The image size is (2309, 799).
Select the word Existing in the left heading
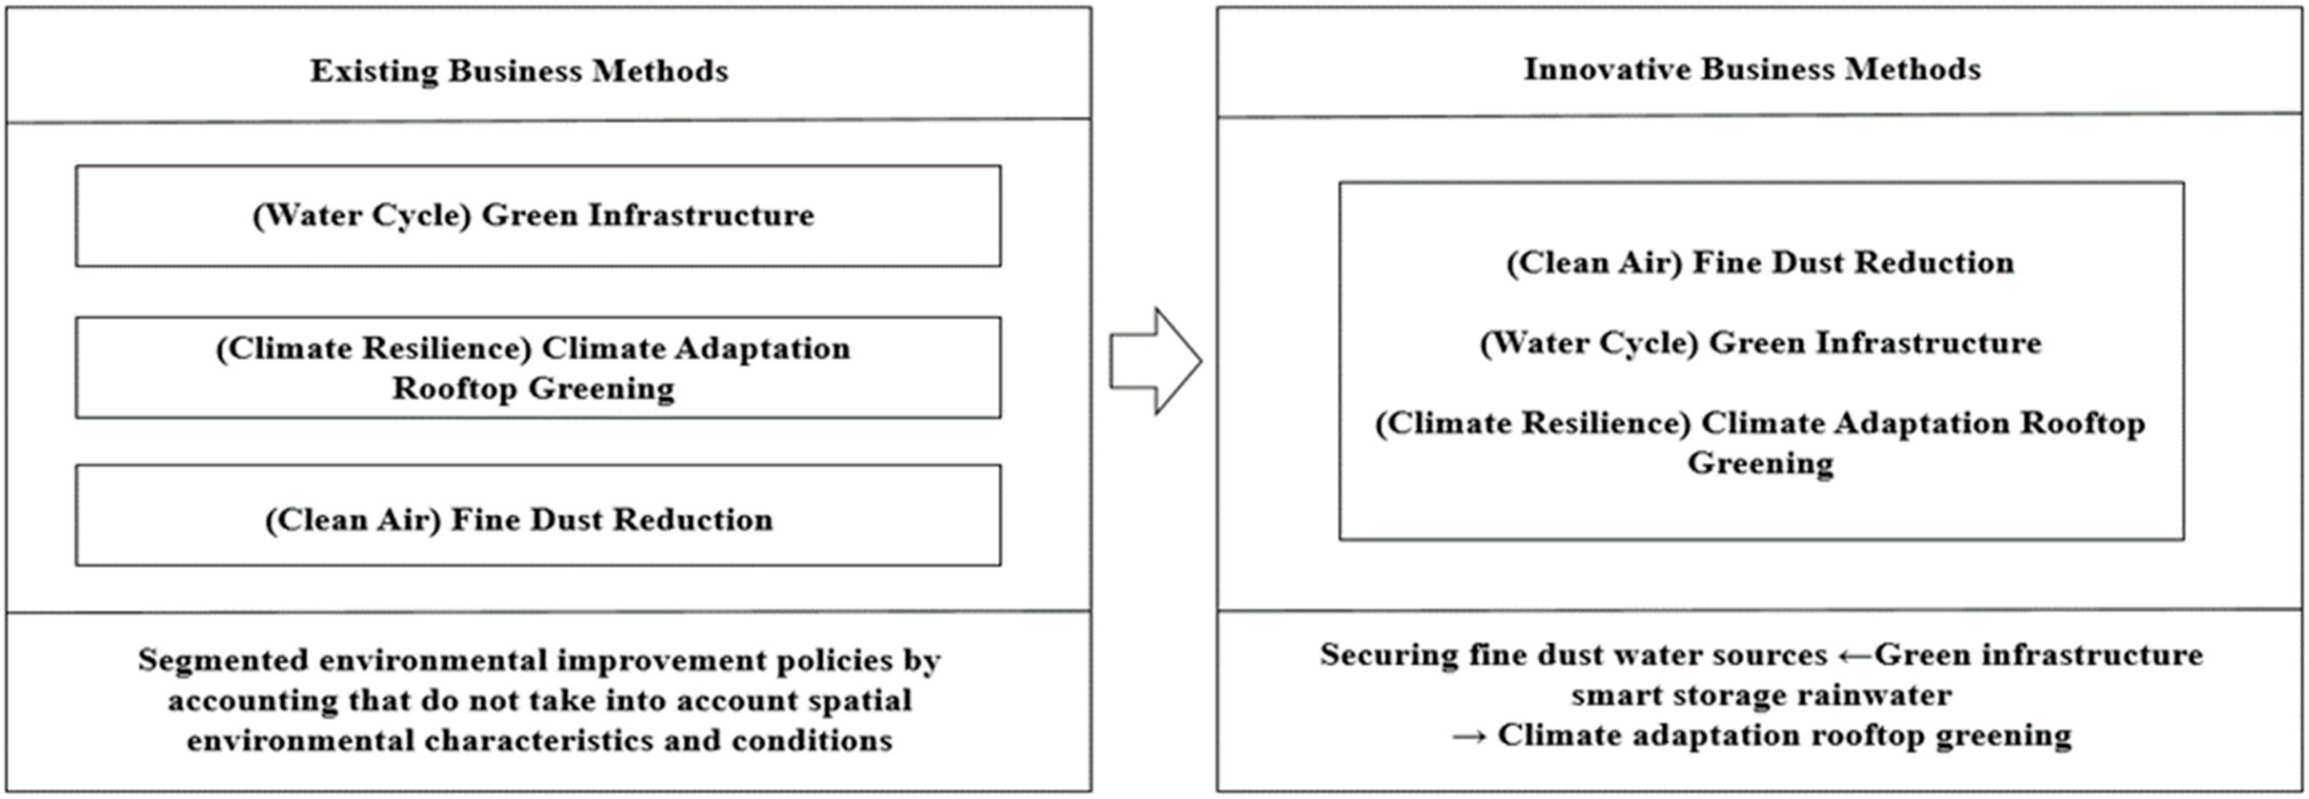pos(374,71)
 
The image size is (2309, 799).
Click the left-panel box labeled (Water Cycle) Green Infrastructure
pos(538,216)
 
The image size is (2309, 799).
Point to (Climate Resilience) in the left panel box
pos(374,349)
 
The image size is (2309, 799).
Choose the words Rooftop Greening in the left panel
pos(533,388)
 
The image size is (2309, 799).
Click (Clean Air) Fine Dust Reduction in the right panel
pos(1760,263)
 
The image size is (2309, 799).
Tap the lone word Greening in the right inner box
pos(1760,464)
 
